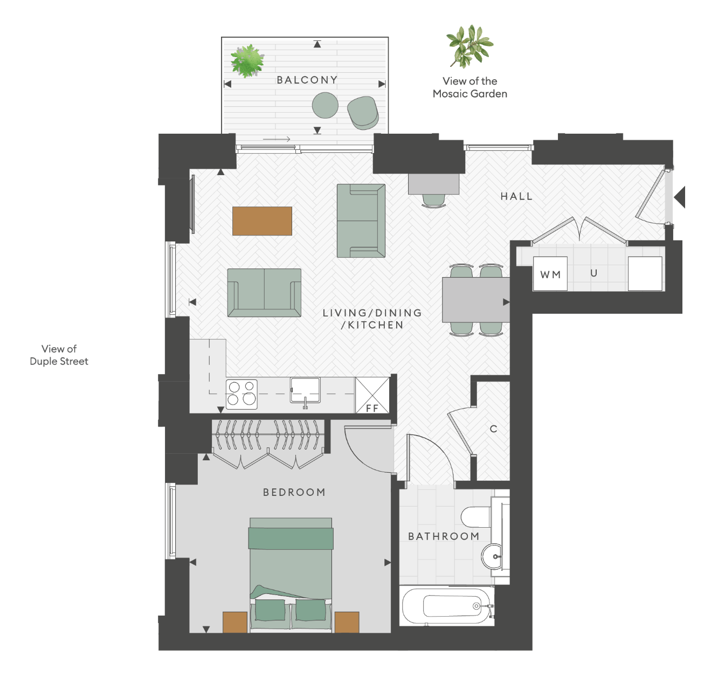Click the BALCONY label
pyautogui.click(x=307, y=80)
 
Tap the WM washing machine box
pyautogui.click(x=550, y=273)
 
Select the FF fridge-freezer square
pyautogui.click(x=372, y=395)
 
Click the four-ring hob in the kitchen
pyautogui.click(x=241, y=394)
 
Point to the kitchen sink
pyautogui.click(x=305, y=390)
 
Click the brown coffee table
pyautogui.click(x=262, y=221)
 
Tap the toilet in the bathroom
pyautogui.click(x=476, y=516)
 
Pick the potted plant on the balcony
pyautogui.click(x=247, y=61)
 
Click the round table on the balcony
pyautogui.click(x=325, y=105)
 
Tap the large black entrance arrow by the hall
pyautogui.click(x=680, y=197)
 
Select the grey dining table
pyautogui.click(x=476, y=300)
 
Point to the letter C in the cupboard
pyautogui.click(x=493, y=429)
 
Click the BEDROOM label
pyautogui.click(x=294, y=492)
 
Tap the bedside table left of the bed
pyautogui.click(x=235, y=622)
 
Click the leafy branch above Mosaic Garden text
pyautogui.click(x=470, y=46)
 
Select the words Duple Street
pyautogui.click(x=59, y=362)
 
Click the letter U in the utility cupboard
pyautogui.click(x=593, y=273)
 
